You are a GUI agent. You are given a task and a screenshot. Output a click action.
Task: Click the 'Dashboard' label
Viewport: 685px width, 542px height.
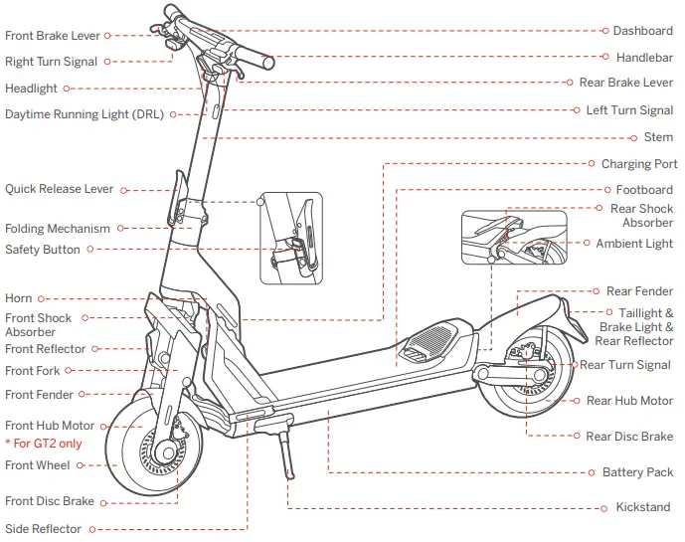coord(642,31)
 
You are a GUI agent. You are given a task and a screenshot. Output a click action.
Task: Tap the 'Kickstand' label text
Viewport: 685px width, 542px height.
coord(642,507)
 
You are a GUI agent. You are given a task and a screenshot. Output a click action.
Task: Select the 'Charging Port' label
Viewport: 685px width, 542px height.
coord(639,164)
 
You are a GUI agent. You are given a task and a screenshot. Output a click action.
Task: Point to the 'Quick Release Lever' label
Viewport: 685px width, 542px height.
coord(60,189)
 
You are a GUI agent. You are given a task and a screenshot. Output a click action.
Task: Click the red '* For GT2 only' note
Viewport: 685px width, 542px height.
coord(44,444)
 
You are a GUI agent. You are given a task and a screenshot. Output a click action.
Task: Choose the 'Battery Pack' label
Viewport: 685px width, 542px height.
coord(637,472)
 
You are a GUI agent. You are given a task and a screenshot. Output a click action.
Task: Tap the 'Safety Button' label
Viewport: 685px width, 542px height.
coord(43,250)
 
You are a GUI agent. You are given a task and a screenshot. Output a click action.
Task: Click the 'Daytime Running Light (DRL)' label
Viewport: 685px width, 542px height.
coord(85,114)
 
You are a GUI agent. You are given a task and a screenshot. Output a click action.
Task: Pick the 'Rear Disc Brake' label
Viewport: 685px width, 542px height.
coord(629,437)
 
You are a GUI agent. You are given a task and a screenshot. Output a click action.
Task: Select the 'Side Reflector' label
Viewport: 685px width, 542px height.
coord(43,529)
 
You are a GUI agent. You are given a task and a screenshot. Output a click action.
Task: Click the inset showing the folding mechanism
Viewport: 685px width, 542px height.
coord(290,238)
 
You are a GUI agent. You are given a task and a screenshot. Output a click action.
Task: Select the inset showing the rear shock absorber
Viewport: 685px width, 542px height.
coord(514,237)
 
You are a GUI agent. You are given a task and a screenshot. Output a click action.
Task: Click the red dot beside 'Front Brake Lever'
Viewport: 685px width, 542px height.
coord(108,36)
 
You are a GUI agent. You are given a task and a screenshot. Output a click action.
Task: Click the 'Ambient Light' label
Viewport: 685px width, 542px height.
coord(634,244)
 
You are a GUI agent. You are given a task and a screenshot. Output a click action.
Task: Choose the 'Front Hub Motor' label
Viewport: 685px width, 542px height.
coord(50,426)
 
